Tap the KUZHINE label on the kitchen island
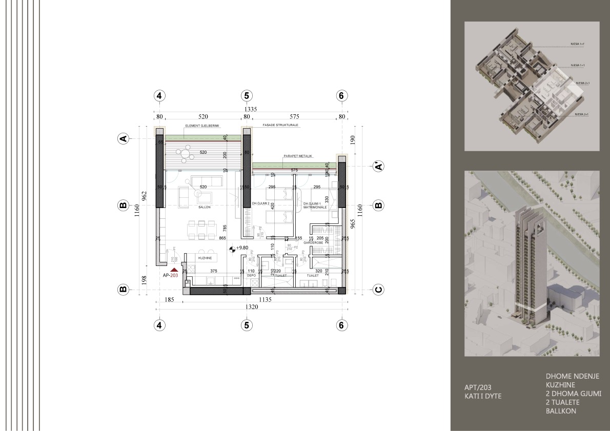tap(206, 259)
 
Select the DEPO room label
tap(251, 275)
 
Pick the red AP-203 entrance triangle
tap(174, 269)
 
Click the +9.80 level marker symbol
tap(233, 250)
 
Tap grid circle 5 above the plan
tap(247, 96)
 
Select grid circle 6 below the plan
tap(342, 324)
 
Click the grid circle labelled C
tap(378, 290)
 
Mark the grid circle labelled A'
tap(378, 166)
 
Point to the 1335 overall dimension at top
tap(250, 109)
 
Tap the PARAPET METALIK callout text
tap(297, 156)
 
